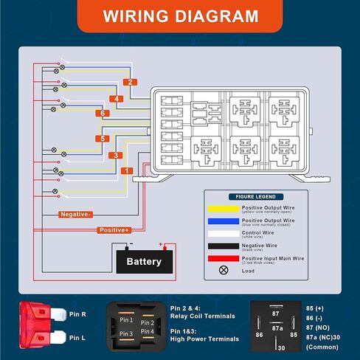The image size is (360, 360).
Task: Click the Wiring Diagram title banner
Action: (x=180, y=16)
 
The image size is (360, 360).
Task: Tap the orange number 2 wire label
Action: (x=130, y=82)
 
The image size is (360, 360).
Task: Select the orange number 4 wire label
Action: (x=115, y=98)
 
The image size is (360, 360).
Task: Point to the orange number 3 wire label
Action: (x=115, y=155)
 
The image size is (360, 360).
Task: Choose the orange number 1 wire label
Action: (x=127, y=171)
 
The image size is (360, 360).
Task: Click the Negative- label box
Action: (x=77, y=215)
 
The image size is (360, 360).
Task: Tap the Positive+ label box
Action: (x=115, y=230)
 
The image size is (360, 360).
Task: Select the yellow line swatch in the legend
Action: (x=223, y=208)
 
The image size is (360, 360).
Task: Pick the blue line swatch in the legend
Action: (x=223, y=221)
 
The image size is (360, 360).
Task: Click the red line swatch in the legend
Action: (x=223, y=257)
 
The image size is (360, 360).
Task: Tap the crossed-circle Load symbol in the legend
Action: (x=223, y=270)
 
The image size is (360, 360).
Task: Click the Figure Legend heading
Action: (x=252, y=198)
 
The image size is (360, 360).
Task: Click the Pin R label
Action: (x=78, y=314)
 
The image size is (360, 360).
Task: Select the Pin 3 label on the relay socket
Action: (x=126, y=334)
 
